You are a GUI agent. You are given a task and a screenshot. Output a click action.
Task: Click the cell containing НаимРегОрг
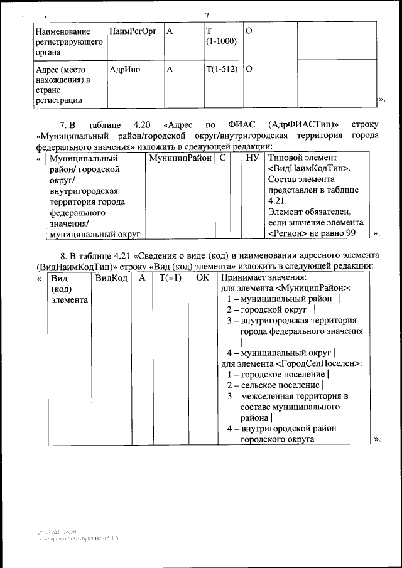coord(132,31)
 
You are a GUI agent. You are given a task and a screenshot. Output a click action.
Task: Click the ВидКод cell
coord(111,277)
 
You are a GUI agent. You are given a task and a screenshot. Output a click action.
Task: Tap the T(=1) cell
coord(170,277)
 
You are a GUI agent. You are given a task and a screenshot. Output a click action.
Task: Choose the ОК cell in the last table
coord(202,277)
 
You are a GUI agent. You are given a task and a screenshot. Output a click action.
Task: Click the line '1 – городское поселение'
coord(275,374)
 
